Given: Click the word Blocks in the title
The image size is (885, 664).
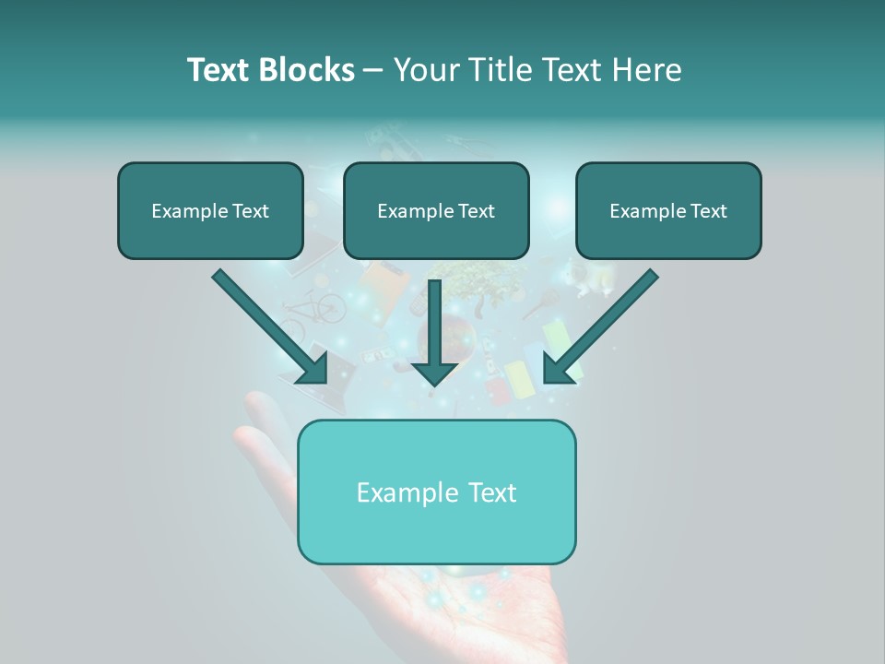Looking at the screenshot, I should (x=308, y=70).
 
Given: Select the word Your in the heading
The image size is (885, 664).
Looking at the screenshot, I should (x=426, y=70).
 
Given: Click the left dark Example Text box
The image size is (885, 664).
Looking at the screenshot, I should (x=210, y=210).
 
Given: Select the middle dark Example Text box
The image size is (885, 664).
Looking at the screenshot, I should (x=436, y=210).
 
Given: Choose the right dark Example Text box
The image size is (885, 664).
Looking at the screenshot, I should (x=668, y=210).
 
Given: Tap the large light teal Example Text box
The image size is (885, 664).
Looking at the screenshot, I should (x=436, y=492).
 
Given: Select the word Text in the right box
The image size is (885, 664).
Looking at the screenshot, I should (x=708, y=210).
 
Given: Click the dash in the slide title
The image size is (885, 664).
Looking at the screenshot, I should (x=374, y=70).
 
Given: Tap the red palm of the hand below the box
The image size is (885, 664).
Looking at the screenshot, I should (x=498, y=613).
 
